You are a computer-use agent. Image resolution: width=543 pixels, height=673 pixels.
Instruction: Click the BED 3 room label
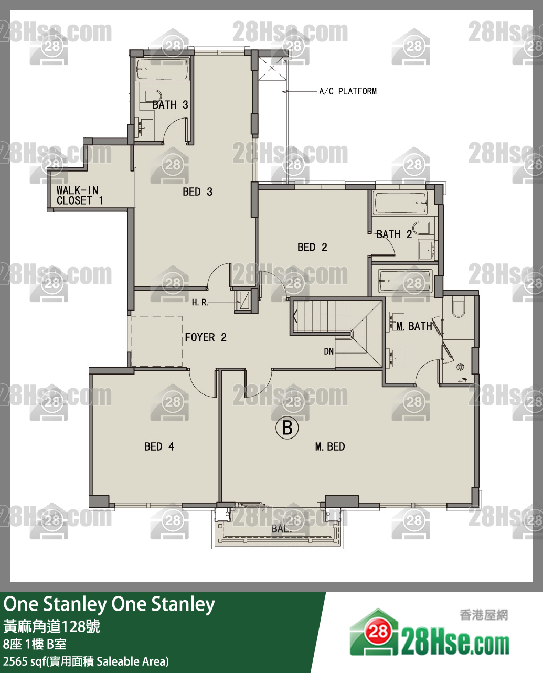coord(197,191)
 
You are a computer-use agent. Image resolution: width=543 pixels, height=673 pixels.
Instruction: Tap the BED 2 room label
coord(312,247)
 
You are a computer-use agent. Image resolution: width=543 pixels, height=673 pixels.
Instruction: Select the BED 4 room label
coord(159,446)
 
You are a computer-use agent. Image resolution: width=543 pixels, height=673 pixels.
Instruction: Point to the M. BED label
coord(330,446)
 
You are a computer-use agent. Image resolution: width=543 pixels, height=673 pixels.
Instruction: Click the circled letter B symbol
coord(287,428)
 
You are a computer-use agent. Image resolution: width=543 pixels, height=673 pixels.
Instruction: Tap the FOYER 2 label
coord(206,337)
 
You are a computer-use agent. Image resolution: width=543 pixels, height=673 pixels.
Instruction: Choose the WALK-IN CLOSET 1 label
coord(80,196)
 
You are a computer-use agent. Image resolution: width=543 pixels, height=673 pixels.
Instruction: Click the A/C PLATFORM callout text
coord(348,91)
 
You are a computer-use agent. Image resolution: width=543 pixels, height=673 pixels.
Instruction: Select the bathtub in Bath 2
coord(401,202)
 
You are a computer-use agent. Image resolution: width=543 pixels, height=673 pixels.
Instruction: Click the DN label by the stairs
coord(328,351)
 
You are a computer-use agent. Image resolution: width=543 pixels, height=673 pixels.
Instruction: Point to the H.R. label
coord(200,302)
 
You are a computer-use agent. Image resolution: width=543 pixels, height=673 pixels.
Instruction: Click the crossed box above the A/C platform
coord(272,69)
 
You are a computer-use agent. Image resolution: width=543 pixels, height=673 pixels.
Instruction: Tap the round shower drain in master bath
coord(460,367)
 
